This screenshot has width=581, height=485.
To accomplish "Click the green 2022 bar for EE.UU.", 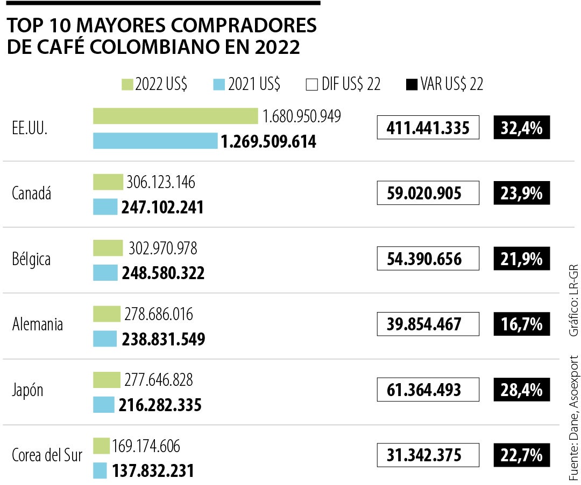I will click(175, 116).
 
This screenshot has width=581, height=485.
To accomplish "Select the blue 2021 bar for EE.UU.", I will click(155, 141).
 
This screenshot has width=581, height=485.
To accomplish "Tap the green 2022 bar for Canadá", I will click(108, 182).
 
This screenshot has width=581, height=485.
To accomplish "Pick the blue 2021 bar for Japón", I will click(104, 405).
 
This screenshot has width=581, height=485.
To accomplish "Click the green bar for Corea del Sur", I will click(101, 446).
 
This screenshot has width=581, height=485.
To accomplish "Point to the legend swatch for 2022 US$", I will click(127, 85).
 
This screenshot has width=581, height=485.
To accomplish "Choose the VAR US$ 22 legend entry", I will click(445, 85).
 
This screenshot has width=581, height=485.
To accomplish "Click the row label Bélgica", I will click(31, 259).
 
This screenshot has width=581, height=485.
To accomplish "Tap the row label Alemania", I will click(38, 325).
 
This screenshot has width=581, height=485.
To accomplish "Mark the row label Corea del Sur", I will click(47, 455).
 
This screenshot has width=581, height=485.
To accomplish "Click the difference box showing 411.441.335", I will click(428, 128).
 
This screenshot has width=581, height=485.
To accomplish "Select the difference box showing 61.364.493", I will click(428, 390).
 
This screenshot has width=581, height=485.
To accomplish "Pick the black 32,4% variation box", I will click(521, 128).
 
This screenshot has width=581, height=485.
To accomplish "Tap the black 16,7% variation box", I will click(521, 324).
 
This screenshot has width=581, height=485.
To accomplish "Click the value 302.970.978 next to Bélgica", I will click(162, 248).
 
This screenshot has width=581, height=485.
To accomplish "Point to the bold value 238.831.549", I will click(164, 339).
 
